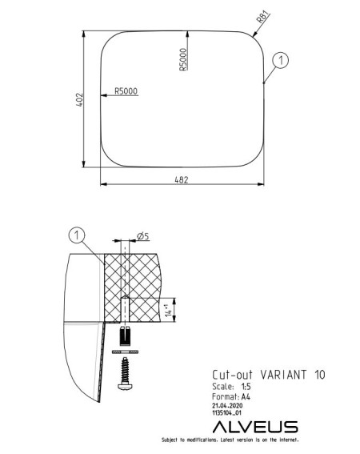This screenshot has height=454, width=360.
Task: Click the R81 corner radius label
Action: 262,17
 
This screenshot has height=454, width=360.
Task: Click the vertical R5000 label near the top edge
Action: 183,59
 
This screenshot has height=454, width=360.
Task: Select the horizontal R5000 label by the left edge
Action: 126,91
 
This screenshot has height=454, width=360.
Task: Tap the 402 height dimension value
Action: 79,99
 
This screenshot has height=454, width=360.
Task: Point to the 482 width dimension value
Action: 182,180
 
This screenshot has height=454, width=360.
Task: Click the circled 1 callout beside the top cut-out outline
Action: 281,60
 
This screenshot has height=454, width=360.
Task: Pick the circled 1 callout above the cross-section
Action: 77,235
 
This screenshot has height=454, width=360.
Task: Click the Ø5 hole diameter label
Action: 143,236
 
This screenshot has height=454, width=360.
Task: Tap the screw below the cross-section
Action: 125,373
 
